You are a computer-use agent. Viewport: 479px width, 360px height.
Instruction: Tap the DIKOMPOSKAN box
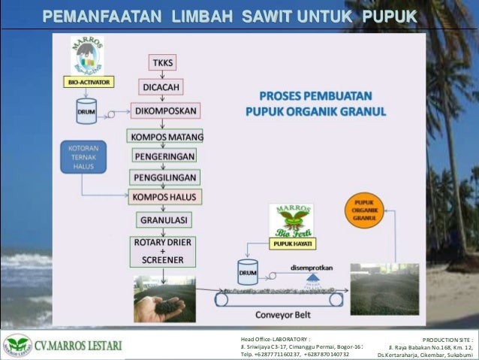pos(165,111)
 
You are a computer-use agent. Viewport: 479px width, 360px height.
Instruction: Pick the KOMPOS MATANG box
pos(165,137)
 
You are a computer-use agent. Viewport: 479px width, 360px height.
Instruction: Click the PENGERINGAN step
pos(164,156)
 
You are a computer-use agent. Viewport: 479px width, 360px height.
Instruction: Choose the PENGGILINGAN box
pos(164,177)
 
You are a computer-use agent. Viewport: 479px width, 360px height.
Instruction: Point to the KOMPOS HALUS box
pos(165,197)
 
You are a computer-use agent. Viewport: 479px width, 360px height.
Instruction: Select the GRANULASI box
pos(164,220)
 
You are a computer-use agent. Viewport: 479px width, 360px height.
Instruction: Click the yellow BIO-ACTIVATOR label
pos(88,82)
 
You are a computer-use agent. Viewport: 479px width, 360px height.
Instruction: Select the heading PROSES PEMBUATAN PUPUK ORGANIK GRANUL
pos(315,104)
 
